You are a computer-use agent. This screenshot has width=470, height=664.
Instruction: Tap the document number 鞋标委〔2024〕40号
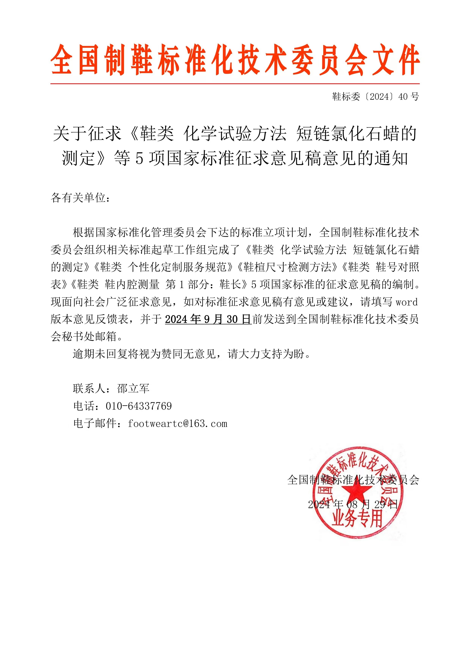[x=375, y=97]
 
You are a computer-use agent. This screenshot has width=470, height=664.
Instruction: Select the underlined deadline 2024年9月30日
[x=208, y=319]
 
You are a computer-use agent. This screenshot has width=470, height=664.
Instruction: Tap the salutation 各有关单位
[x=78, y=198]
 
